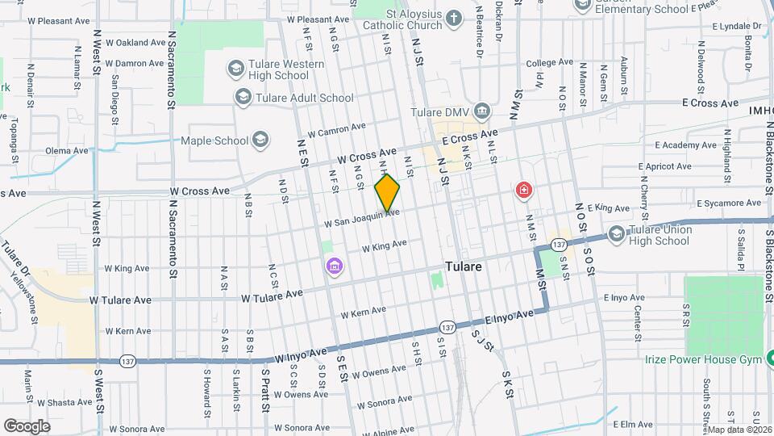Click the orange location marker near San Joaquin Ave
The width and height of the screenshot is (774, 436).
click(388, 192)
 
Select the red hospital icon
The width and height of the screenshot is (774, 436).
click(524, 191)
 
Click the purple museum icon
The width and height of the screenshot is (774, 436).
click(333, 266)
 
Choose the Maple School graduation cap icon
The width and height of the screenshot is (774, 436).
click(260, 140)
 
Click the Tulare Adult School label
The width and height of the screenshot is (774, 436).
click(304, 98)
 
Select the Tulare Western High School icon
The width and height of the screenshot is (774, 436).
click(236, 68)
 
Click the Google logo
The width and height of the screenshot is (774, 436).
click(27, 426)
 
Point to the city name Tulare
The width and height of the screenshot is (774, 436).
click(464, 266)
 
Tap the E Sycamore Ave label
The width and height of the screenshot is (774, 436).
click(729, 203)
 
